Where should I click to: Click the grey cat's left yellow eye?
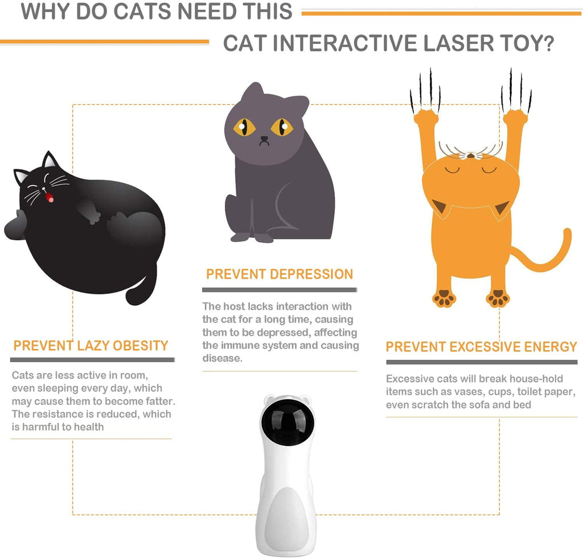coord(244,126)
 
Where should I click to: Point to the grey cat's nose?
coord(264,139)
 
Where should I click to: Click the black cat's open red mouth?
coord(50,198)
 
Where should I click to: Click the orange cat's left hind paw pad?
coord(444,298)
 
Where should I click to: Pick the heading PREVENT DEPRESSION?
coord(280,274)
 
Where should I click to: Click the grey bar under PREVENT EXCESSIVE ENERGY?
coord(482,362)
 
